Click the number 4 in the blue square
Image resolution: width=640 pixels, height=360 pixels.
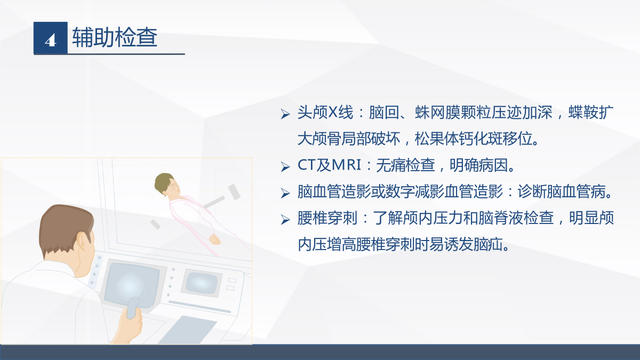pos(51,41)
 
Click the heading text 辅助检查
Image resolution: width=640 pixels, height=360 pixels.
pos(115,37)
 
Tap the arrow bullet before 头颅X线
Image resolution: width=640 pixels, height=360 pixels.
pos(285,114)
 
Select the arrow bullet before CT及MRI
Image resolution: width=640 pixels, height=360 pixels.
pos(285,167)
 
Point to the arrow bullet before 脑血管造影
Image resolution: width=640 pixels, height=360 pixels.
pos(285,194)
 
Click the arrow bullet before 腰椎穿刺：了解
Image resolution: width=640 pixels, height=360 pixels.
pos(285,220)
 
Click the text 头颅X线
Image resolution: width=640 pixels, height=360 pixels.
pos(325,113)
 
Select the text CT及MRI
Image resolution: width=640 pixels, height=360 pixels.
pos(329,165)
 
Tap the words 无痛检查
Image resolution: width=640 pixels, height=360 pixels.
pos(405,165)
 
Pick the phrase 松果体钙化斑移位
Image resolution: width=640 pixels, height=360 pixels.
pos(474,139)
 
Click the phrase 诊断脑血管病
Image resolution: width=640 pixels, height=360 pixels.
pos(561,191)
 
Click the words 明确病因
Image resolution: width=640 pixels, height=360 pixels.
pos(479,165)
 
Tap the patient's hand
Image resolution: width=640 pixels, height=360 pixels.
pos(214,239)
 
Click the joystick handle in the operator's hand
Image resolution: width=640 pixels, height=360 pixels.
pos(133,308)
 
